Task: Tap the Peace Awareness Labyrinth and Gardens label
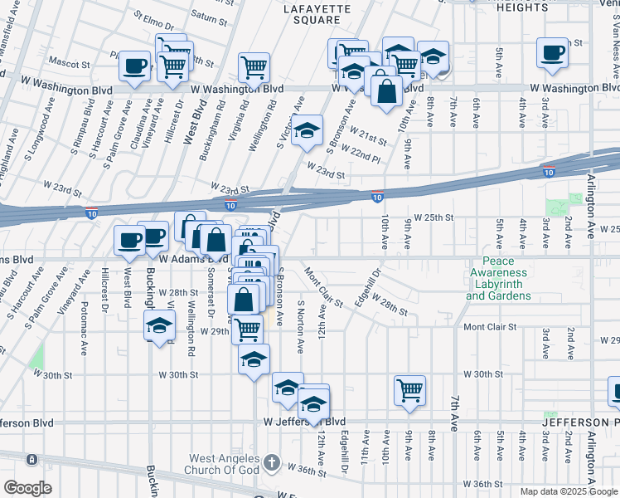[x=498, y=284]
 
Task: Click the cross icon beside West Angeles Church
[x=271, y=461]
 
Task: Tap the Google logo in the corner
[x=28, y=487]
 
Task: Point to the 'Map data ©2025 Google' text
[x=568, y=491]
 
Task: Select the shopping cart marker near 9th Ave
[x=409, y=389]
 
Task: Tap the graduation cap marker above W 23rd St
[x=307, y=130]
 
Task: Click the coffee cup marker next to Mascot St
[x=134, y=66]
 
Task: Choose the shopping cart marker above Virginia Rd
[x=254, y=66]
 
